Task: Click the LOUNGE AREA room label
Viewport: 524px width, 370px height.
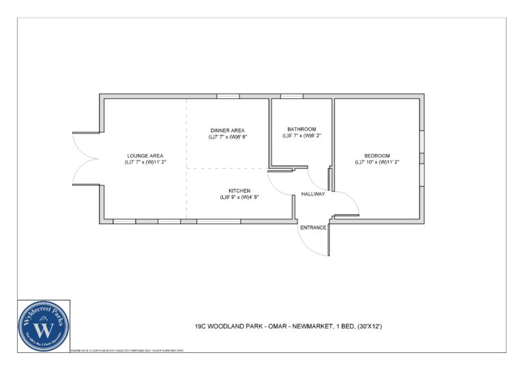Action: click(145, 155)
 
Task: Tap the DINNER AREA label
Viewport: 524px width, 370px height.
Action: click(227, 130)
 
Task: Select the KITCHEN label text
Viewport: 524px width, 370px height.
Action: click(239, 190)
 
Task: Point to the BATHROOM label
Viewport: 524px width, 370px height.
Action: click(301, 129)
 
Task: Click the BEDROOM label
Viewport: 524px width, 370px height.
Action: click(377, 155)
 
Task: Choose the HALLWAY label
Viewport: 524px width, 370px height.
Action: click(313, 194)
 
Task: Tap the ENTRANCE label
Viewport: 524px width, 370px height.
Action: click(314, 227)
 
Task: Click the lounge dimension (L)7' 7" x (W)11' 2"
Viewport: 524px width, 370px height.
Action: click(145, 162)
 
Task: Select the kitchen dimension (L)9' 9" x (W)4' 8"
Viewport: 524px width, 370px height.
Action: click(239, 197)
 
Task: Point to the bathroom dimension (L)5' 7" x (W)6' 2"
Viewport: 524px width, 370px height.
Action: click(302, 136)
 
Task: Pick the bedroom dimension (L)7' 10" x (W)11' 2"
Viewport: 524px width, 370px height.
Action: click(377, 162)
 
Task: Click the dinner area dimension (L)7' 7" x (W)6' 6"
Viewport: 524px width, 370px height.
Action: click(228, 137)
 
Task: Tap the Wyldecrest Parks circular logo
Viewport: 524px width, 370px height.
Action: click(44, 326)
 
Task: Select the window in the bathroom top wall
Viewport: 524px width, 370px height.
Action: click(291, 96)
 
